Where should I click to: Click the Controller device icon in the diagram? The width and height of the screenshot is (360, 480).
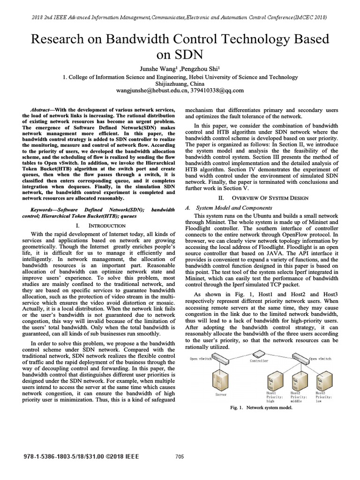click(x=259, y=354)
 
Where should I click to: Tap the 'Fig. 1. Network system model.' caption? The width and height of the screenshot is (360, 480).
click(x=261, y=408)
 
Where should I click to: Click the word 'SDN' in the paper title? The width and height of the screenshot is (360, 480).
click(x=180, y=54)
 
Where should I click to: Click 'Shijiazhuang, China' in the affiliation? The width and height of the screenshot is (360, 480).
click(x=180, y=83)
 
